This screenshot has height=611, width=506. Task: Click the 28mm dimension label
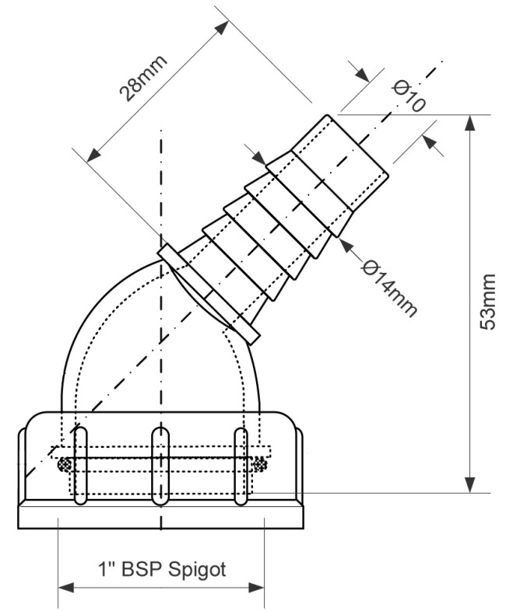(143, 78)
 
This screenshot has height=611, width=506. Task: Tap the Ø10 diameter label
(409, 96)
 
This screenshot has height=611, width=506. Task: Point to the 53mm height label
(487, 302)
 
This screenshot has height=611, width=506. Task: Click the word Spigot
(197, 570)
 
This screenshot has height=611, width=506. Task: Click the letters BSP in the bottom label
(141, 569)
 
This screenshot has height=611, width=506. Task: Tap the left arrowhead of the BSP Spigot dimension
(66, 587)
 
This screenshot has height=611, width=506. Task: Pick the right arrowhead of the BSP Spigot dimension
(256, 587)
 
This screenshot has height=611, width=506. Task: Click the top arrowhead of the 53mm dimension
(471, 123)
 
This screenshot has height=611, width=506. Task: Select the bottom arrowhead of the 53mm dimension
(471, 484)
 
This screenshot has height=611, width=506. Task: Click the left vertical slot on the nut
(80, 466)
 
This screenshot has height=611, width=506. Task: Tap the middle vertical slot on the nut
(160, 466)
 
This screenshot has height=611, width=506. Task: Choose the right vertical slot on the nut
(241, 466)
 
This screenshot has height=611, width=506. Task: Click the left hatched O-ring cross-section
(64, 465)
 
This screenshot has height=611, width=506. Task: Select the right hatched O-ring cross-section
(260, 465)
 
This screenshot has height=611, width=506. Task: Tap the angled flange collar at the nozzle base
(209, 294)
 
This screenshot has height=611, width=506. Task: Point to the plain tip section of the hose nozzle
(340, 163)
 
